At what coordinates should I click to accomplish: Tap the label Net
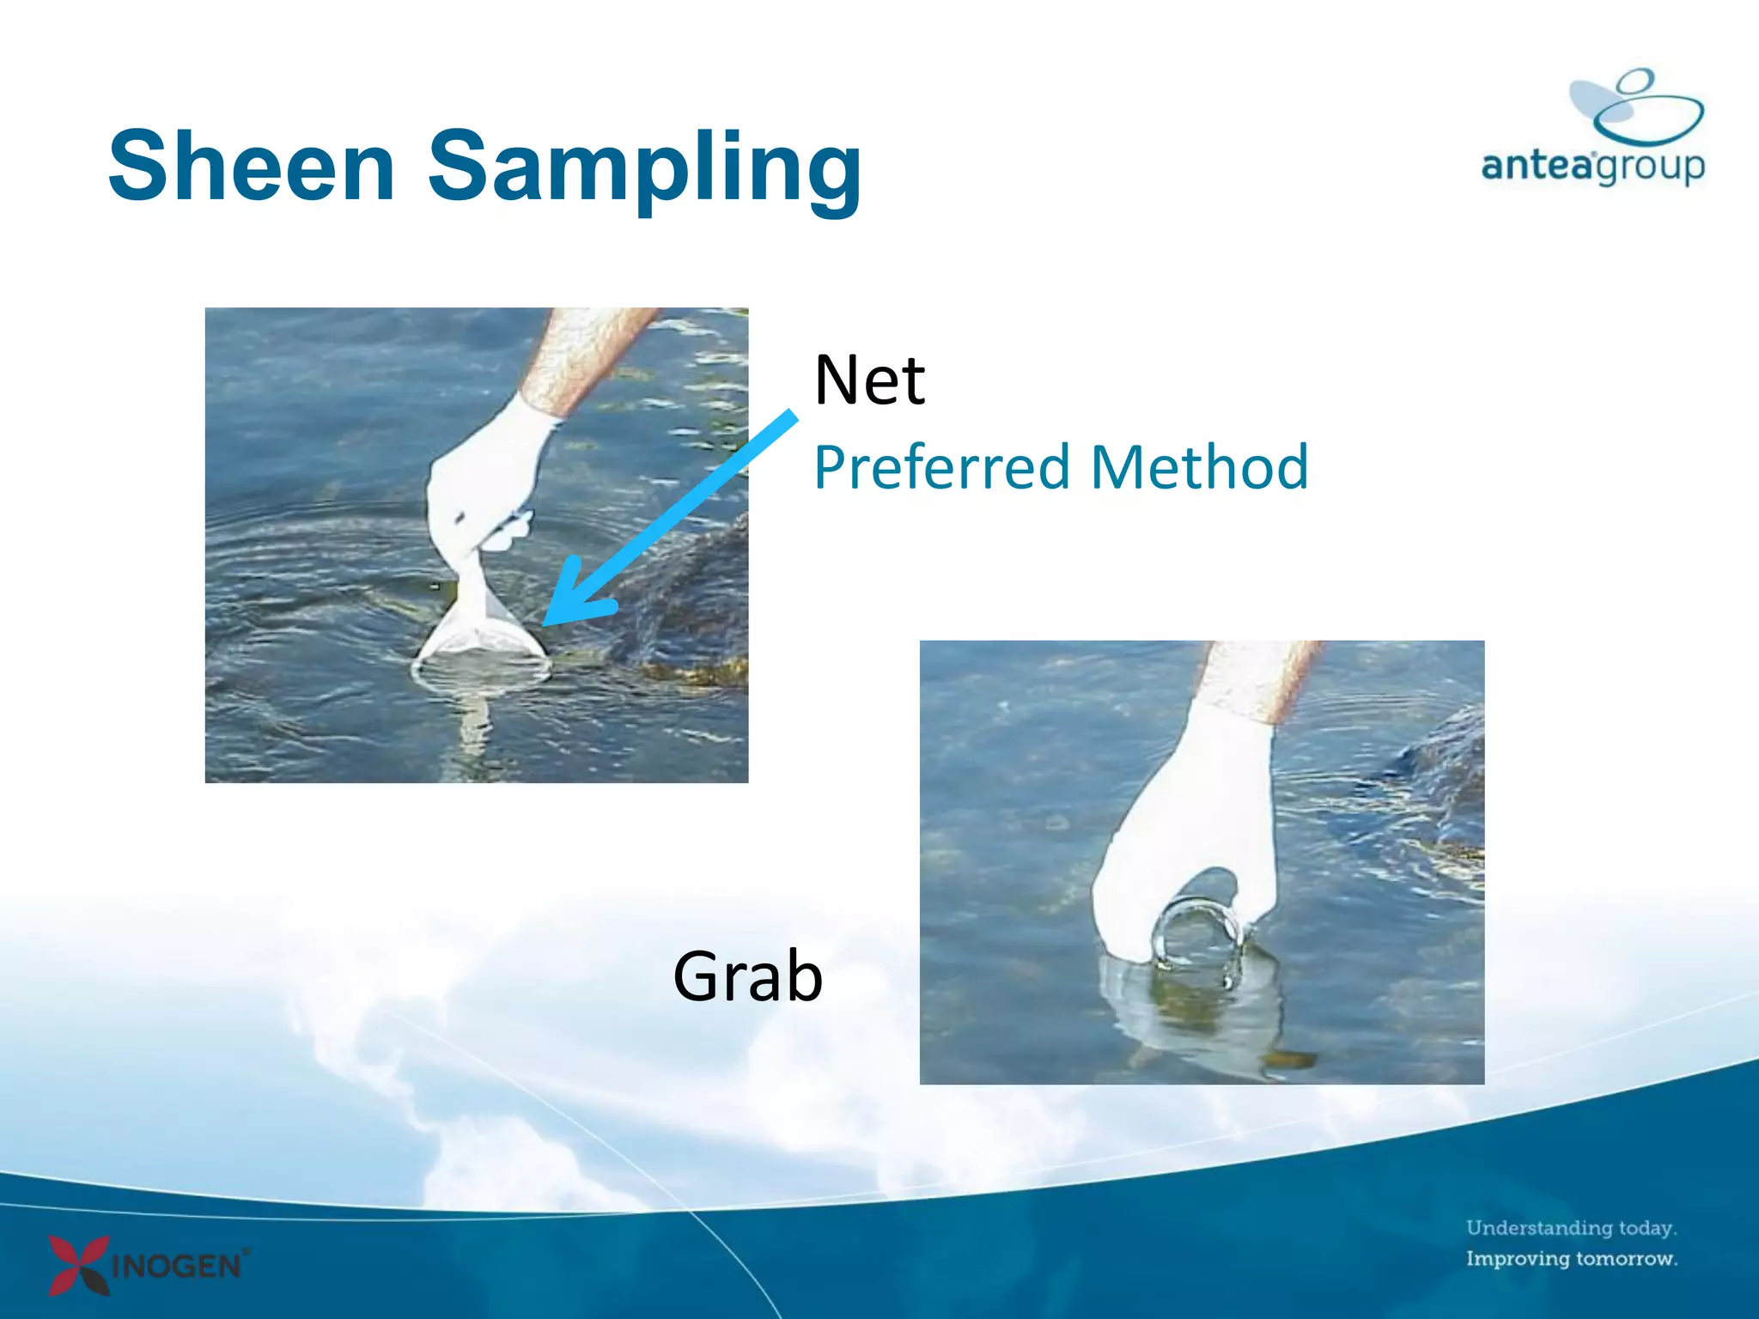pos(868,380)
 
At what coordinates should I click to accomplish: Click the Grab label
pos(747,976)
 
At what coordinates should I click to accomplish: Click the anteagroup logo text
pos(1593,165)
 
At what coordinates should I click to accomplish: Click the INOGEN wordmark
pos(179,1267)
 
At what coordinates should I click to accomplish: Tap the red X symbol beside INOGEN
pos(79,1264)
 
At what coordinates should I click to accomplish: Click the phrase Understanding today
pos(1571,1228)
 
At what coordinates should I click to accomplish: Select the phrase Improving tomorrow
pos(1571,1259)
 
